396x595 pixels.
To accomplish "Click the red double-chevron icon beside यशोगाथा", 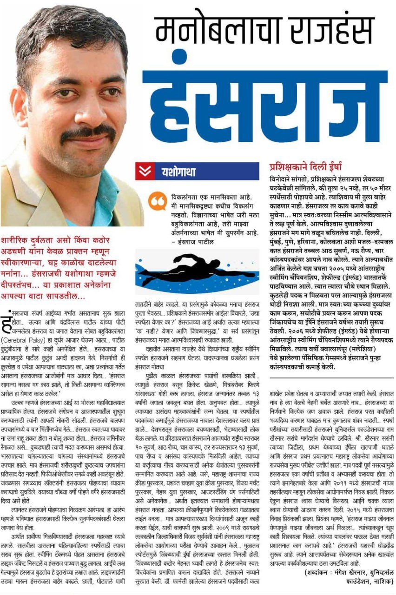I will (x=145, y=171).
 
